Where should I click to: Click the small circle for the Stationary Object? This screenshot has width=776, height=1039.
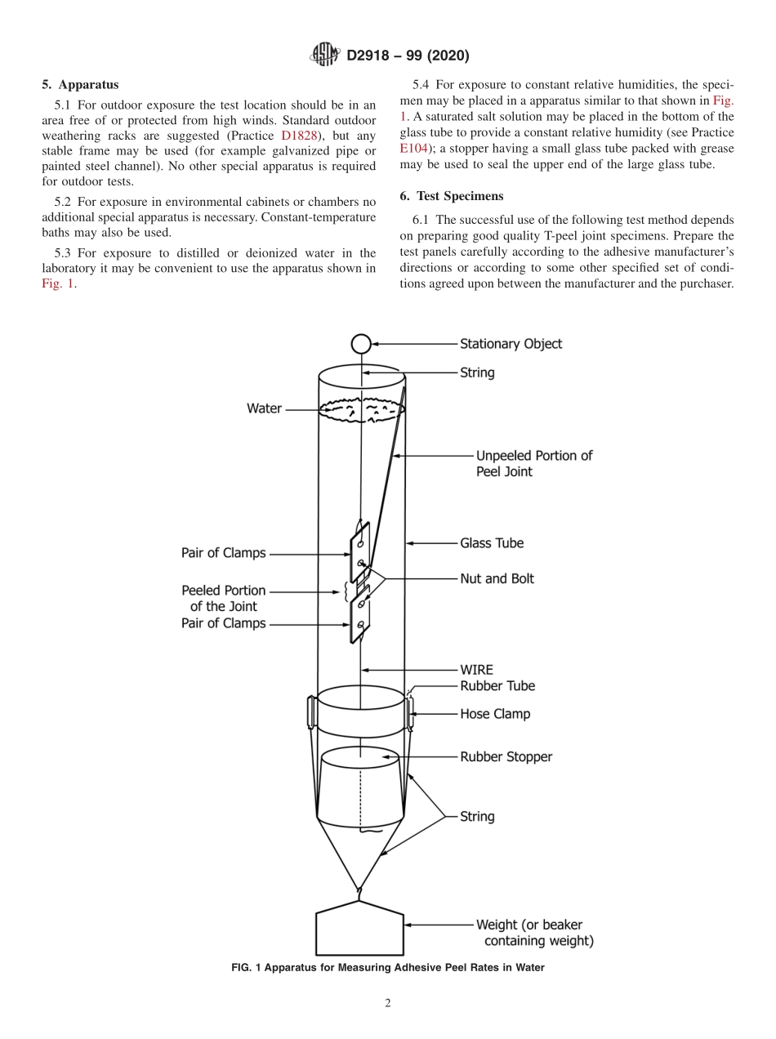[x=360, y=344]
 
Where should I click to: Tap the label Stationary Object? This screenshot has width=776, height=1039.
[x=511, y=344]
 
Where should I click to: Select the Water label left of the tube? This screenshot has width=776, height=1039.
[x=264, y=408]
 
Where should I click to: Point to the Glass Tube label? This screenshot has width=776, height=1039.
[x=492, y=542]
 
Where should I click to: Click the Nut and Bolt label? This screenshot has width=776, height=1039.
[x=497, y=578]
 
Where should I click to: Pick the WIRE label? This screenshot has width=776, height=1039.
[x=476, y=670]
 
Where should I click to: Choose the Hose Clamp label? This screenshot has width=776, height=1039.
[x=495, y=714]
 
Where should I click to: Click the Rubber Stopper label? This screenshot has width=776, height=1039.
[x=506, y=757]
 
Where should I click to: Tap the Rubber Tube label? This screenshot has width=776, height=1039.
[x=497, y=686]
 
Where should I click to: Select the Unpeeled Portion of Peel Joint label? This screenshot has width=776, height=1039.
[x=534, y=463]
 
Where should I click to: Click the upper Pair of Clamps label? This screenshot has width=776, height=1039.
[x=223, y=553]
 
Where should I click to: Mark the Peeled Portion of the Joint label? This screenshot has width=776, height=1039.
[x=223, y=598]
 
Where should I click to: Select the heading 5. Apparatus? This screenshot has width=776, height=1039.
[x=80, y=84]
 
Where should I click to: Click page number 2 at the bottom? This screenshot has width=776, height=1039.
[x=388, y=1003]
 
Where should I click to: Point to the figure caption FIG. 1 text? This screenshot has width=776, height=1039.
[x=388, y=968]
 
